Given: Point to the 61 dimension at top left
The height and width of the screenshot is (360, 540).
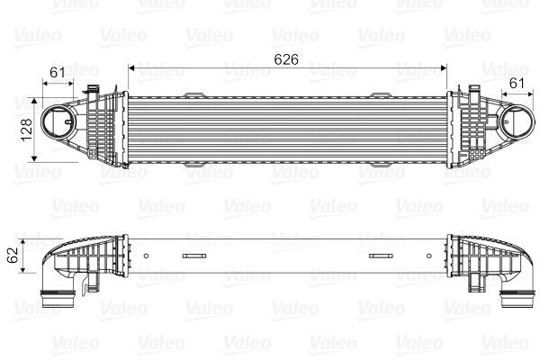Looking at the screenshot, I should click(x=57, y=72).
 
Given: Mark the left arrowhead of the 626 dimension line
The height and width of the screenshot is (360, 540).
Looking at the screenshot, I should click(x=131, y=66).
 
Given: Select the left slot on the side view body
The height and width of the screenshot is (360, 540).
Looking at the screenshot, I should click(x=194, y=256).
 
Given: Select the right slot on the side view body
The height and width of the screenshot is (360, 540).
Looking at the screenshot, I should click(x=382, y=256).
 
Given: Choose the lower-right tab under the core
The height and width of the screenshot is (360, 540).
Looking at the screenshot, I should click(x=382, y=166).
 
